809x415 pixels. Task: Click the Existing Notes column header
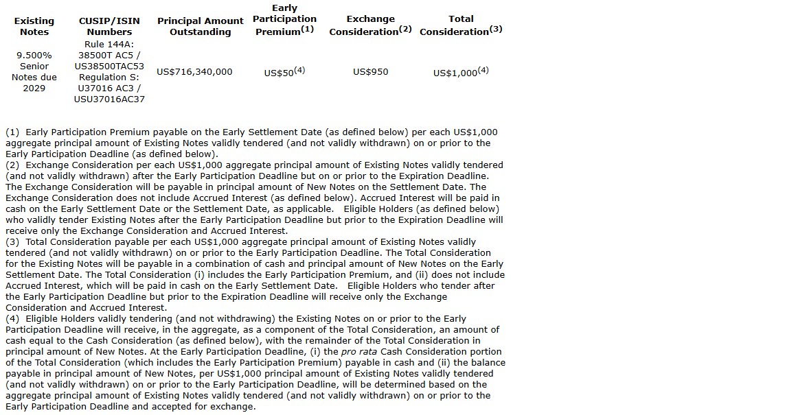pos(34,26)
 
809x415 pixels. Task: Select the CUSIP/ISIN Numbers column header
pos(109,26)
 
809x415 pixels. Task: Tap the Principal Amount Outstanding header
pos(200,26)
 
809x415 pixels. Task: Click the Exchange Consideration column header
pos(370,25)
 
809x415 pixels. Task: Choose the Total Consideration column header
pos(461,25)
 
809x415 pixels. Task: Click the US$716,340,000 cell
pos(194,71)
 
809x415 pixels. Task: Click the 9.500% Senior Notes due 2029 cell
pos(34,71)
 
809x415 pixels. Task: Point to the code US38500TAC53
pos(109,67)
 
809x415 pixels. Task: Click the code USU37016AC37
pos(109,99)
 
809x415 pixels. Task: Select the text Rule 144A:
pos(109,45)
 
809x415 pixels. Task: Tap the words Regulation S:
pos(109,78)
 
